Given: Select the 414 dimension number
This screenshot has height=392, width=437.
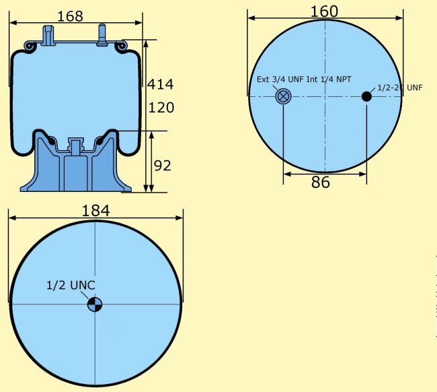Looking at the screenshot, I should coord(161,84).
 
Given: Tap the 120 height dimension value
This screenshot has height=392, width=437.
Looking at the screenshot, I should coord(161,107).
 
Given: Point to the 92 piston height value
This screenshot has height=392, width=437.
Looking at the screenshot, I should coord(163,165).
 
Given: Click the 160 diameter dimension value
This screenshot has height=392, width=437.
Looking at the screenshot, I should coord(324,10).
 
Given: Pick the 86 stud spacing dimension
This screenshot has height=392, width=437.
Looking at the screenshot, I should coord(321,183).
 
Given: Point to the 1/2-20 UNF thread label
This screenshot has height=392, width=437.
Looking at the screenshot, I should coord(400,88).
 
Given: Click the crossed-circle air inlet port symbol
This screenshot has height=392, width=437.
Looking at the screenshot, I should coord(283,96).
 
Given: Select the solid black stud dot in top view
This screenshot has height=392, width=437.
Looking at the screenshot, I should coord(366,96).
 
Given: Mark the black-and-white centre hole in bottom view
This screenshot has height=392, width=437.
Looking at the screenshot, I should coord(95,304).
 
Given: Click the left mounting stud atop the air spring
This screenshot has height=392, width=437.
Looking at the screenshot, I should coord(49,36).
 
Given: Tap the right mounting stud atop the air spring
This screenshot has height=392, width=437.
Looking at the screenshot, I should coord(102,35).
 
